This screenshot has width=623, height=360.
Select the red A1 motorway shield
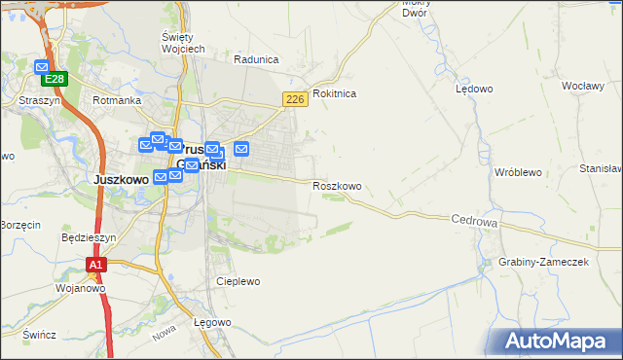point(95,264)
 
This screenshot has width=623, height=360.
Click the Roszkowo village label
point(337,186)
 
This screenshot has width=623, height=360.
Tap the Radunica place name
point(256,58)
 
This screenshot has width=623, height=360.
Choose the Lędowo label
point(474,89)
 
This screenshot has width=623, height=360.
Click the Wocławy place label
point(584,86)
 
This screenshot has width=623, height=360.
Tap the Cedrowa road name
point(475,222)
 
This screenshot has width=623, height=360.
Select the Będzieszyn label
point(89,236)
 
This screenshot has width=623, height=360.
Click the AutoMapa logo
point(558,341)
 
